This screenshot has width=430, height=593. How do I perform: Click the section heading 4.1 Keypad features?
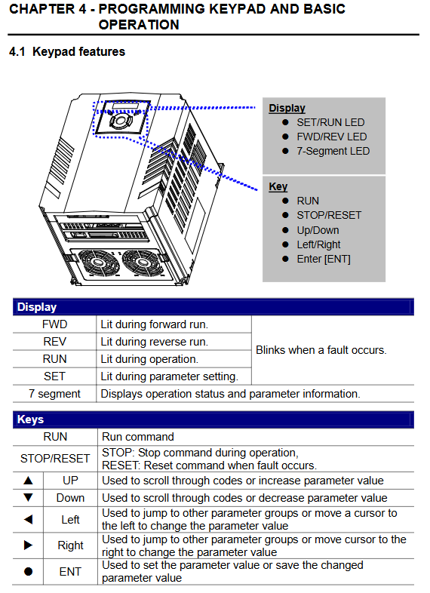67,51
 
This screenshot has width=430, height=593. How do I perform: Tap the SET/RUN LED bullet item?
330,122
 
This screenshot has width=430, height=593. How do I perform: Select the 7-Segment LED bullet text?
333,151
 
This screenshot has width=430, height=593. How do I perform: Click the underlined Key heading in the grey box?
278,186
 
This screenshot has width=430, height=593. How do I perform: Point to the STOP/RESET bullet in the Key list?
329,215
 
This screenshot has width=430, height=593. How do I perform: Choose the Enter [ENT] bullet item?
324,259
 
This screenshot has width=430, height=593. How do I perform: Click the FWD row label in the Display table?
54,324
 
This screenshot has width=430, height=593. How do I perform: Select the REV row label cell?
54,342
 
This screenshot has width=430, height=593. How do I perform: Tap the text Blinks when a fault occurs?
321,350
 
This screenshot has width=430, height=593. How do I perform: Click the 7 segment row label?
54,394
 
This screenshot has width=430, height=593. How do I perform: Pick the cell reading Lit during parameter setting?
170,376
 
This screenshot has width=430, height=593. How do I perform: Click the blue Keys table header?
213,419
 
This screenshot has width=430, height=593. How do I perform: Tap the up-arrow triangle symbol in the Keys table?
28,481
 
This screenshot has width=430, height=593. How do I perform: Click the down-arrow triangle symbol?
28,497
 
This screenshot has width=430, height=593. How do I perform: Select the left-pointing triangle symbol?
28,519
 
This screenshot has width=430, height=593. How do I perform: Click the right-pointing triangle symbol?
28,545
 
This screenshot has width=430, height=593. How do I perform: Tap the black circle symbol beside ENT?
28,571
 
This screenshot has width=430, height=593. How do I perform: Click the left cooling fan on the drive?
99,263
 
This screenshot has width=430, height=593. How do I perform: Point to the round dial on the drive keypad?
121,121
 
